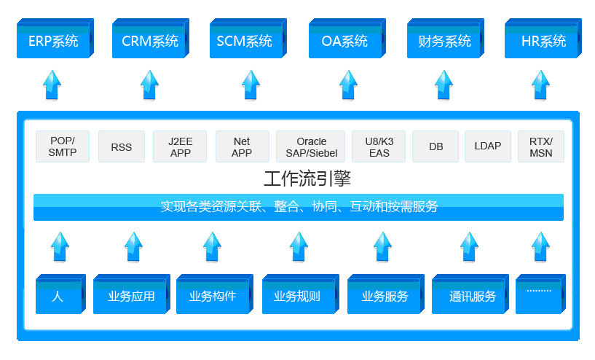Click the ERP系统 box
53,41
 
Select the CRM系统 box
150,41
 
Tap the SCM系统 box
245,41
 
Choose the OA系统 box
344,41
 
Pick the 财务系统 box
444,41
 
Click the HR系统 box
543,41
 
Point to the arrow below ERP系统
52,85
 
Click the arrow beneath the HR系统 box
540,85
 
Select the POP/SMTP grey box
63,146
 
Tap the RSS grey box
122,146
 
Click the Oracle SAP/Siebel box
311,146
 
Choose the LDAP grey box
488,146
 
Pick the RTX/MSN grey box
540,146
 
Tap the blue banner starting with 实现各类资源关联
299,207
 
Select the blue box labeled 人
59,296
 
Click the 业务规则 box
296,296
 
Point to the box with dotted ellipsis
540,295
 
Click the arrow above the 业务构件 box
212,246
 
